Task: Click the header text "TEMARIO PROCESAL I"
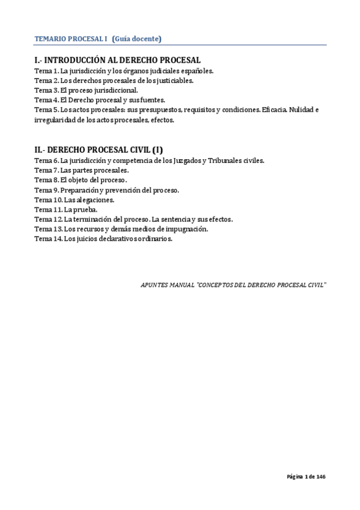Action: [71, 39]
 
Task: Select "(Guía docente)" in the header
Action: [137, 39]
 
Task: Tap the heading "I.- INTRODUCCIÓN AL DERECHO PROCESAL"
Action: [117, 60]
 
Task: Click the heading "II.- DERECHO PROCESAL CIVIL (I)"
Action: [99, 150]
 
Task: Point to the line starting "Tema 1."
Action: [124, 71]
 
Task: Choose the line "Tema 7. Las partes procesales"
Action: [82, 170]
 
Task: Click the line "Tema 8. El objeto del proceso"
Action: [81, 180]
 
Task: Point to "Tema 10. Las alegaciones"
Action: [75, 200]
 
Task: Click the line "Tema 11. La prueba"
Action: [66, 209]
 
